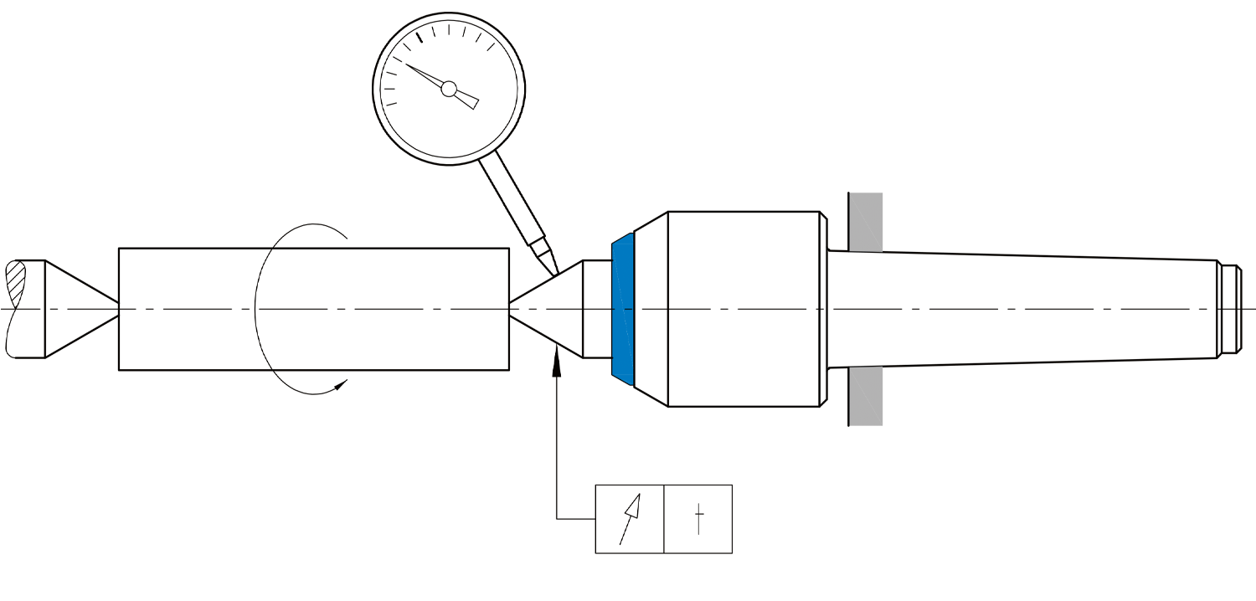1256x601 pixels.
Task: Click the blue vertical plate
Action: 623,310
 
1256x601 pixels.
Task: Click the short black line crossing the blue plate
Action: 623,309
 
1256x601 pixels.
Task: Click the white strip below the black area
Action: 628,578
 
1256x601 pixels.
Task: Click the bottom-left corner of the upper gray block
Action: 851,250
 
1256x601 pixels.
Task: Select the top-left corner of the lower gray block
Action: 851,368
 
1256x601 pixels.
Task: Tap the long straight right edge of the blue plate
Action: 632,310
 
